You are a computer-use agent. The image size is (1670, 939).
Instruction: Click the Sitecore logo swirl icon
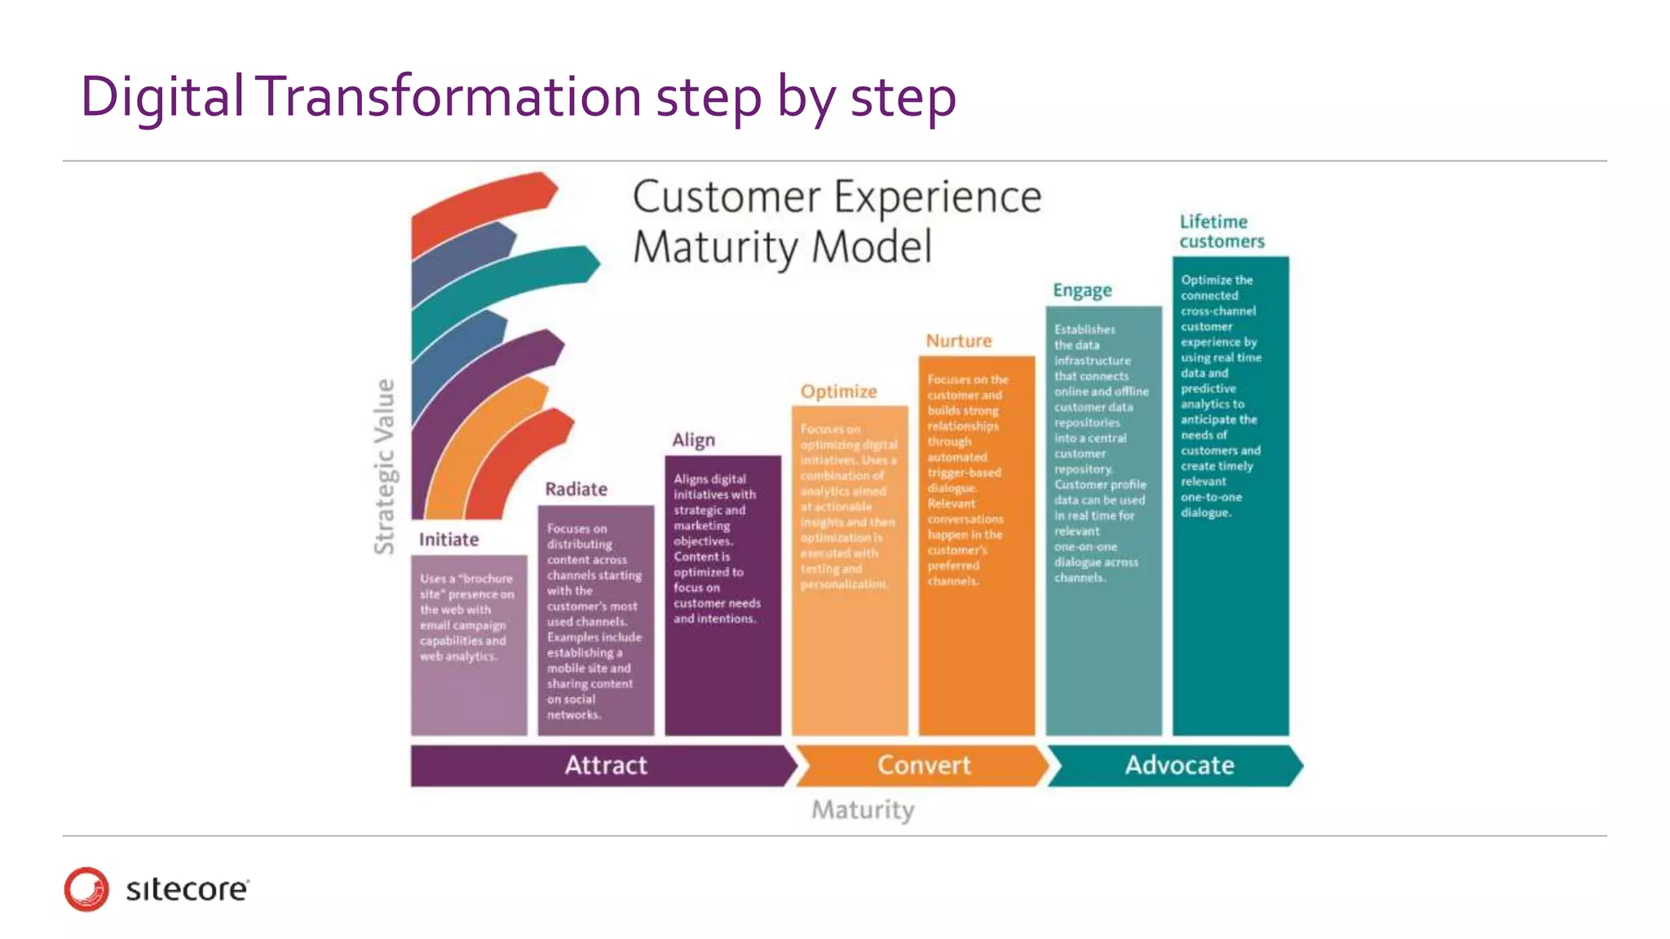(x=86, y=888)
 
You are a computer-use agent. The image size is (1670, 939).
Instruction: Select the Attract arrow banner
(x=604, y=765)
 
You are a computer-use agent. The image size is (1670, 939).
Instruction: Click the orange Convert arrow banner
(x=923, y=765)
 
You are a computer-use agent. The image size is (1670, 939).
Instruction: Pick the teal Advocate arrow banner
(x=1178, y=765)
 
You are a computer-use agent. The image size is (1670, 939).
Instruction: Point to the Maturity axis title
(x=863, y=810)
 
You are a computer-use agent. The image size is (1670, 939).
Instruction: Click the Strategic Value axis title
(x=384, y=466)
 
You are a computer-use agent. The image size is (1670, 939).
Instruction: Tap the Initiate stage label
(x=448, y=540)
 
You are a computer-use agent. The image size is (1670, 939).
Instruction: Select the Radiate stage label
(x=576, y=489)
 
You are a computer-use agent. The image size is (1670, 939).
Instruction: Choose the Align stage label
(x=693, y=440)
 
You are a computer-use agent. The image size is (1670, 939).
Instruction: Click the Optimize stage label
(x=838, y=391)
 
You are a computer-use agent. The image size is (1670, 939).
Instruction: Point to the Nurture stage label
(x=958, y=341)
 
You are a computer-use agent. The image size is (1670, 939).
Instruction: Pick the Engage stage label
(x=1082, y=290)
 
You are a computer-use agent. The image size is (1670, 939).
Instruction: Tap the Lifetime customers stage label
(x=1222, y=231)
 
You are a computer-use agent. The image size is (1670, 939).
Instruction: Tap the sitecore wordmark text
(x=187, y=889)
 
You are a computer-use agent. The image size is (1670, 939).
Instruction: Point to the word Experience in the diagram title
(x=938, y=197)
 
